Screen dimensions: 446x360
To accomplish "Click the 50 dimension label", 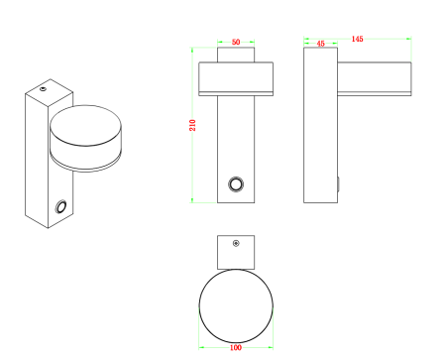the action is point(236,42).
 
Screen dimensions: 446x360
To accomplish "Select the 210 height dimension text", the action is point(192,125).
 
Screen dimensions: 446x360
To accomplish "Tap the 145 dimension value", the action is point(357,39).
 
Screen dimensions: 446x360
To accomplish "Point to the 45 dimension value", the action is point(320,44).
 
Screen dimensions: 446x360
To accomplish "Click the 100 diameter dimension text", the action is point(236,347).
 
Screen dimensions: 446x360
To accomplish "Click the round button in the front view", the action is point(236,184).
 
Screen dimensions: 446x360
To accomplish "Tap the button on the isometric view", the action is point(61,206).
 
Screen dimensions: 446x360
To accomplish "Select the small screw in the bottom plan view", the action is point(236,243).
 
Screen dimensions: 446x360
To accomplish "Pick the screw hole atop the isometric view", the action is point(43,88).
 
